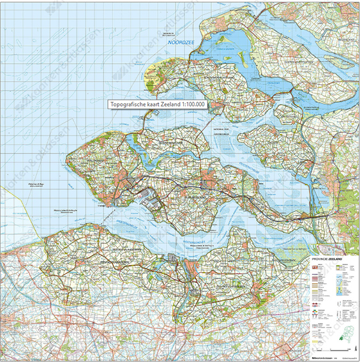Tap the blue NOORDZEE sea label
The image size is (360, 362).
click(180, 43)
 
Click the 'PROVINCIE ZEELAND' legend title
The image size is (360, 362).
click(327, 256)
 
